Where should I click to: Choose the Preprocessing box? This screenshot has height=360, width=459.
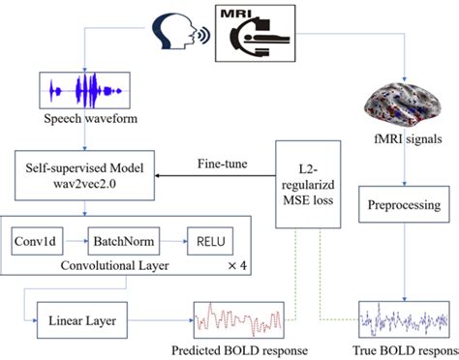(x=407, y=206)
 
